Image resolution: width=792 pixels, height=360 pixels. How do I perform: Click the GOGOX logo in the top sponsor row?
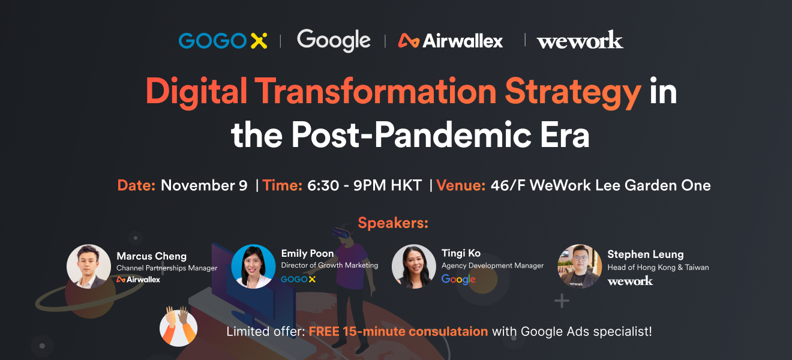pyautogui.click(x=223, y=40)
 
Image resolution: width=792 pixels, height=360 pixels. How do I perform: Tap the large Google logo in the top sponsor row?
pyautogui.click(x=334, y=40)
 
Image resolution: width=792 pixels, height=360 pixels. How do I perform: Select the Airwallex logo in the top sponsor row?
pyautogui.click(x=451, y=40)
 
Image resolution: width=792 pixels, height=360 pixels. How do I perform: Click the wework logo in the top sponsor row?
pyautogui.click(x=580, y=40)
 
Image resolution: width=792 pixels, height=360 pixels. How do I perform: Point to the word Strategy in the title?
pyautogui.click(x=573, y=92)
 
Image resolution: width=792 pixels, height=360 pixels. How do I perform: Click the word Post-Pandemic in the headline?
pyautogui.click(x=411, y=135)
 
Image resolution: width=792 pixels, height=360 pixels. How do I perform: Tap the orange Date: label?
pyautogui.click(x=136, y=185)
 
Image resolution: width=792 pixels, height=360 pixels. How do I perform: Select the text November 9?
pyautogui.click(x=204, y=185)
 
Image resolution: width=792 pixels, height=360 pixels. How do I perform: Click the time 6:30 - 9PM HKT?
pyautogui.click(x=365, y=185)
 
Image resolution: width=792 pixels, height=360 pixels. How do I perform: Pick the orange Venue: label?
pyautogui.click(x=461, y=185)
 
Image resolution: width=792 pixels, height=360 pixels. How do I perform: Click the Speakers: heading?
pyautogui.click(x=393, y=223)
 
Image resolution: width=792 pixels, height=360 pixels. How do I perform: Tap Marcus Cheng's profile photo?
pyautogui.click(x=89, y=266)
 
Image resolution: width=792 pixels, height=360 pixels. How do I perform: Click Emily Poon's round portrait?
pyautogui.click(x=253, y=266)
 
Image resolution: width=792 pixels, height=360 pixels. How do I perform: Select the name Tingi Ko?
pyautogui.click(x=461, y=253)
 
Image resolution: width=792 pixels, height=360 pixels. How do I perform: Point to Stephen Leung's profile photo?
pyautogui.click(x=580, y=266)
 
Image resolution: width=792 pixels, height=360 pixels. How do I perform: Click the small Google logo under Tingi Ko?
pyautogui.click(x=458, y=280)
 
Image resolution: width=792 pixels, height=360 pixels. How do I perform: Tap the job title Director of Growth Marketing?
pyautogui.click(x=329, y=265)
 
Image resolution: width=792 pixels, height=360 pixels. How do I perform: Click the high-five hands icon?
pyautogui.click(x=179, y=326)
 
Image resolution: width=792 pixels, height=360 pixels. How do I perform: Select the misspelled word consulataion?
pyautogui.click(x=448, y=332)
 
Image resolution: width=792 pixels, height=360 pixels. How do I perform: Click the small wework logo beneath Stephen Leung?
pyautogui.click(x=630, y=281)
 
